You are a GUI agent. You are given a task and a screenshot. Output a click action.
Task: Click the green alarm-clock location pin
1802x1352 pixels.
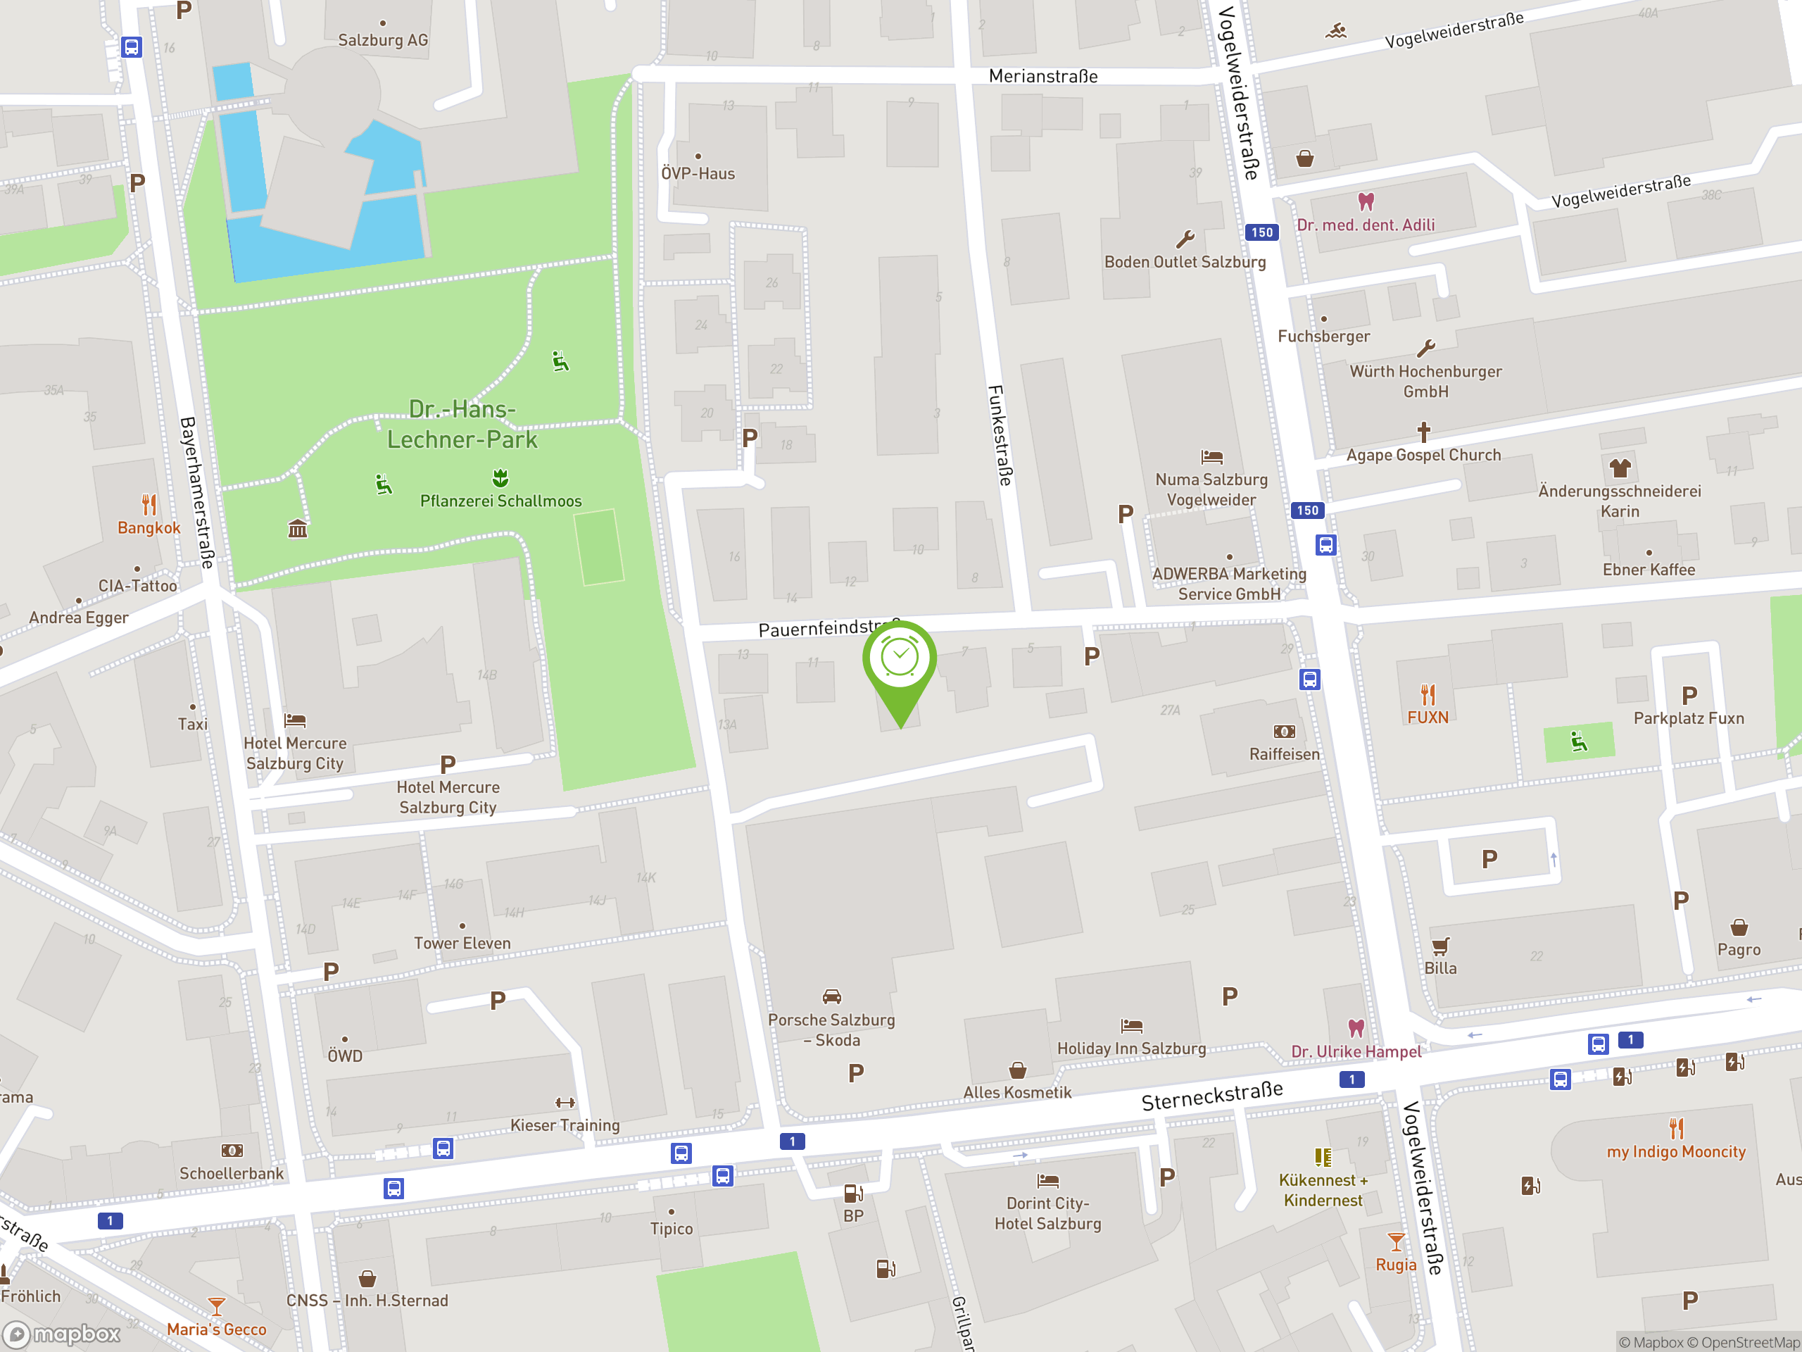coord(900,660)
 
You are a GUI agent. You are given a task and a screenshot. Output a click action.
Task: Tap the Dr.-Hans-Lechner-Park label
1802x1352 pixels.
coord(462,424)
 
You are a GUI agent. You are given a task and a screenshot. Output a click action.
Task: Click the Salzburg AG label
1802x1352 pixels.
coord(383,40)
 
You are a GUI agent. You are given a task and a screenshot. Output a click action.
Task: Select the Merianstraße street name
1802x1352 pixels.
coord(1042,76)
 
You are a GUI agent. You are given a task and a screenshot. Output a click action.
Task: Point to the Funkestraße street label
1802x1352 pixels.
coord(1000,435)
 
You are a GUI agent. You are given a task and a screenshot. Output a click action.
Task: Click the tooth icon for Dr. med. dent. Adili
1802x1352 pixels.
coord(1366,201)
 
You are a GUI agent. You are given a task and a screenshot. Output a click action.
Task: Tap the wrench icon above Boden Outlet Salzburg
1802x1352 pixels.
coord(1185,239)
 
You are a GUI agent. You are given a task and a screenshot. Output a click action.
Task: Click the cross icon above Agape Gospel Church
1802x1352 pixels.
coord(1423,431)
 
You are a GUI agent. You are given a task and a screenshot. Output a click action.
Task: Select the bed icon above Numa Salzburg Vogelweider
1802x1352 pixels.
coord(1211,457)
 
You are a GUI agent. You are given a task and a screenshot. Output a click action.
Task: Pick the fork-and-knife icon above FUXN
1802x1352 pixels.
coord(1428,694)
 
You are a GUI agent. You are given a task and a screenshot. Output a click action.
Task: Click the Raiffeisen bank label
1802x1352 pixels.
coord(1284,754)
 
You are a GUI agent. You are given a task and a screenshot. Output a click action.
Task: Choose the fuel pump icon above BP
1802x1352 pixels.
coord(853,1193)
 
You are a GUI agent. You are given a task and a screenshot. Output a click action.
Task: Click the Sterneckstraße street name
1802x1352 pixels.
coord(1211,1096)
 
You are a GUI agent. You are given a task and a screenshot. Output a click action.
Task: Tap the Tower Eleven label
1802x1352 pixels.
coord(462,943)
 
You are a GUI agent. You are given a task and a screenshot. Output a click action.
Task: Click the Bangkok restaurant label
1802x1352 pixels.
coord(149,527)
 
